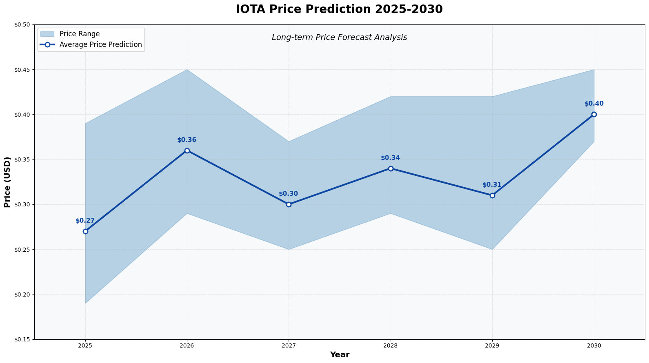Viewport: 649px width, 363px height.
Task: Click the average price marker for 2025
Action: coord(85,231)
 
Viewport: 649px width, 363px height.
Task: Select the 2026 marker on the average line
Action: coord(187,151)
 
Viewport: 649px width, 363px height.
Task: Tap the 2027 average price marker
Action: coord(289,204)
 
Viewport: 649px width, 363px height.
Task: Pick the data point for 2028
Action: coord(391,168)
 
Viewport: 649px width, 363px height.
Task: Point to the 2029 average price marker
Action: coord(492,195)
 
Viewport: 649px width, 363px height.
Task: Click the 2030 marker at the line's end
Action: coord(594,114)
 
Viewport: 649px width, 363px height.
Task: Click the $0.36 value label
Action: coord(187,140)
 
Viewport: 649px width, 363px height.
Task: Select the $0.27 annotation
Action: coord(85,221)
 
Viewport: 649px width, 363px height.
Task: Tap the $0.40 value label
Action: coord(594,104)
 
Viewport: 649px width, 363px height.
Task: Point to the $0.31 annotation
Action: coord(492,185)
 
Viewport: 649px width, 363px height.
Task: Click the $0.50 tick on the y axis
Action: coord(23,25)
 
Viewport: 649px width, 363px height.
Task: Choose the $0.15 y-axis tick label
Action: coord(23,339)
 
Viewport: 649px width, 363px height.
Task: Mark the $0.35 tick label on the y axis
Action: coord(23,159)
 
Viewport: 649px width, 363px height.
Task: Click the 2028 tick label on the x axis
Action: coord(391,346)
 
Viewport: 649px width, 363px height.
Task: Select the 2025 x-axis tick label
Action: coord(85,346)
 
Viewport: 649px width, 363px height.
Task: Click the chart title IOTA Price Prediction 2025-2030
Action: coord(339,9)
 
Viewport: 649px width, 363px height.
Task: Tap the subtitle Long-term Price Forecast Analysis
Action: coord(339,38)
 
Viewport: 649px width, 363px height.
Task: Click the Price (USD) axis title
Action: coord(7,182)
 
